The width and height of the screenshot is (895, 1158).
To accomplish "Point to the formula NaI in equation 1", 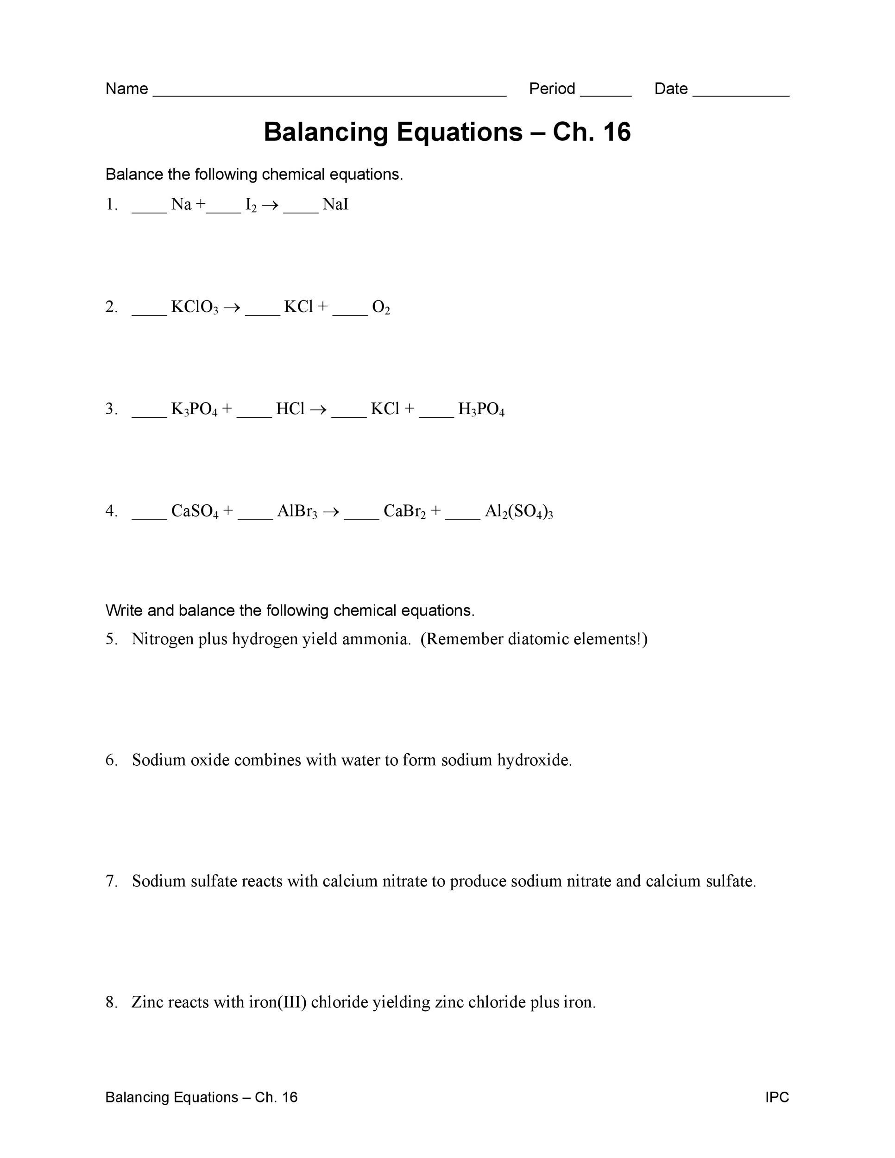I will [335, 205].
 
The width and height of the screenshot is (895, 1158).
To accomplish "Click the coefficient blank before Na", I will [149, 210].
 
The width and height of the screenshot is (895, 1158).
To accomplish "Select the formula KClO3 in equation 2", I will [195, 307].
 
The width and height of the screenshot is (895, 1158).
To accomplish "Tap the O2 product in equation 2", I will [381, 307].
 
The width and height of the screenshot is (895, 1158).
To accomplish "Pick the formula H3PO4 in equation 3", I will [481, 409].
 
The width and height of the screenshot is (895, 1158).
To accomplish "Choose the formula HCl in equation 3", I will [290, 409].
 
